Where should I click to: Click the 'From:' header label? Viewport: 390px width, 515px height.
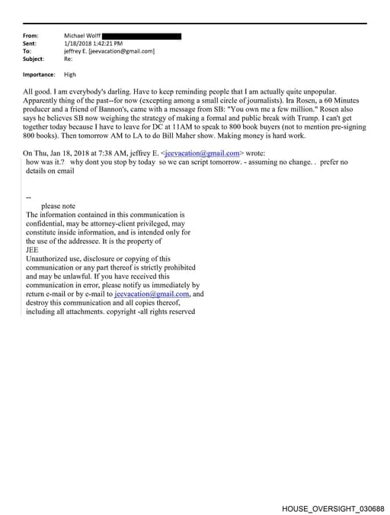(30, 36)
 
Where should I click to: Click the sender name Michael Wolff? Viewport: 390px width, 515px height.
(82, 36)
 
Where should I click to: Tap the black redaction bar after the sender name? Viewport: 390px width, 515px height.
(141, 36)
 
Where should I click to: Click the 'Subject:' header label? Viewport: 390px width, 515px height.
(34, 59)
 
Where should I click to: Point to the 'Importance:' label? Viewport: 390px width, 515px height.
(39, 75)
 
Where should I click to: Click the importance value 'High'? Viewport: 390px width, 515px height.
(70, 75)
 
